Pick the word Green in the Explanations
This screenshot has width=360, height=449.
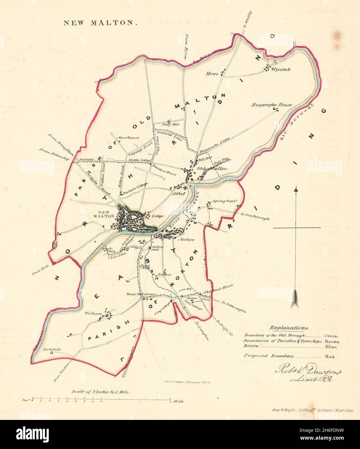point(330,336)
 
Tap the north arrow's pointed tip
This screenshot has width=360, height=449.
point(296,188)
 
